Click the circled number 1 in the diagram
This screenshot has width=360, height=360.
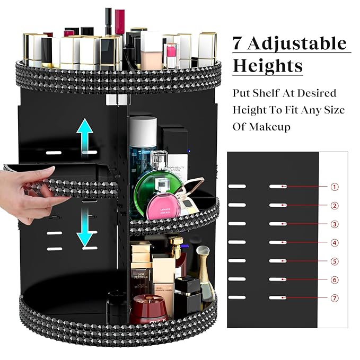click(x=335, y=187)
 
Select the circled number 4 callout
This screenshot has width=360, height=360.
click(x=335, y=243)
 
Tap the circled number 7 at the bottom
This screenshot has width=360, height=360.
click(x=335, y=298)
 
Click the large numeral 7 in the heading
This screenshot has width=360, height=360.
click(x=239, y=43)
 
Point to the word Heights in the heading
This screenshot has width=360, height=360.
click(x=268, y=66)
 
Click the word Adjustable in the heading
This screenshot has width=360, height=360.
click(x=300, y=43)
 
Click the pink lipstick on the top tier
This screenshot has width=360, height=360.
click(x=171, y=54)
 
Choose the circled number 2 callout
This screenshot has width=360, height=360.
click(x=335, y=206)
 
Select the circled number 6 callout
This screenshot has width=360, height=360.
click(x=335, y=279)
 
